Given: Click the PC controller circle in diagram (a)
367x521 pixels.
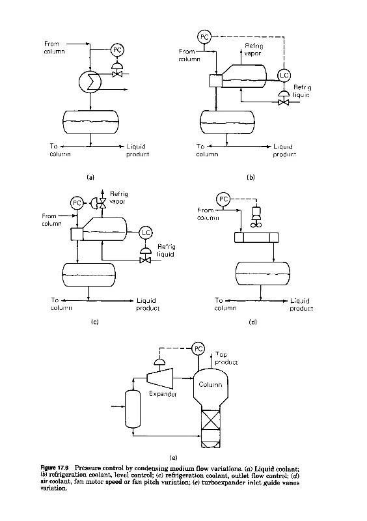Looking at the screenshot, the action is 117,50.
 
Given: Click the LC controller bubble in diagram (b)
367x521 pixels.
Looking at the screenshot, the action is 284,76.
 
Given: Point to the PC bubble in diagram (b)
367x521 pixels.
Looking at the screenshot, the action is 204,36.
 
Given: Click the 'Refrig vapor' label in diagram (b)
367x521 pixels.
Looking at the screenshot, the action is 253,49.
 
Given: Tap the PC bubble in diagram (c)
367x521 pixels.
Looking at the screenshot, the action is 77,203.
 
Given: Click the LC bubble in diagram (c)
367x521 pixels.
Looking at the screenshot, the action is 146,233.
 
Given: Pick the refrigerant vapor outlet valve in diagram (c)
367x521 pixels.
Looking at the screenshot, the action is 100,203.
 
